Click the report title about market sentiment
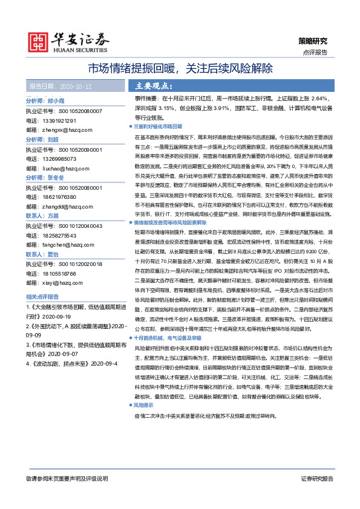180,68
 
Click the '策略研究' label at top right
313,41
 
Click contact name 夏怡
53,254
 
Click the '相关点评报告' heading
46,297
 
